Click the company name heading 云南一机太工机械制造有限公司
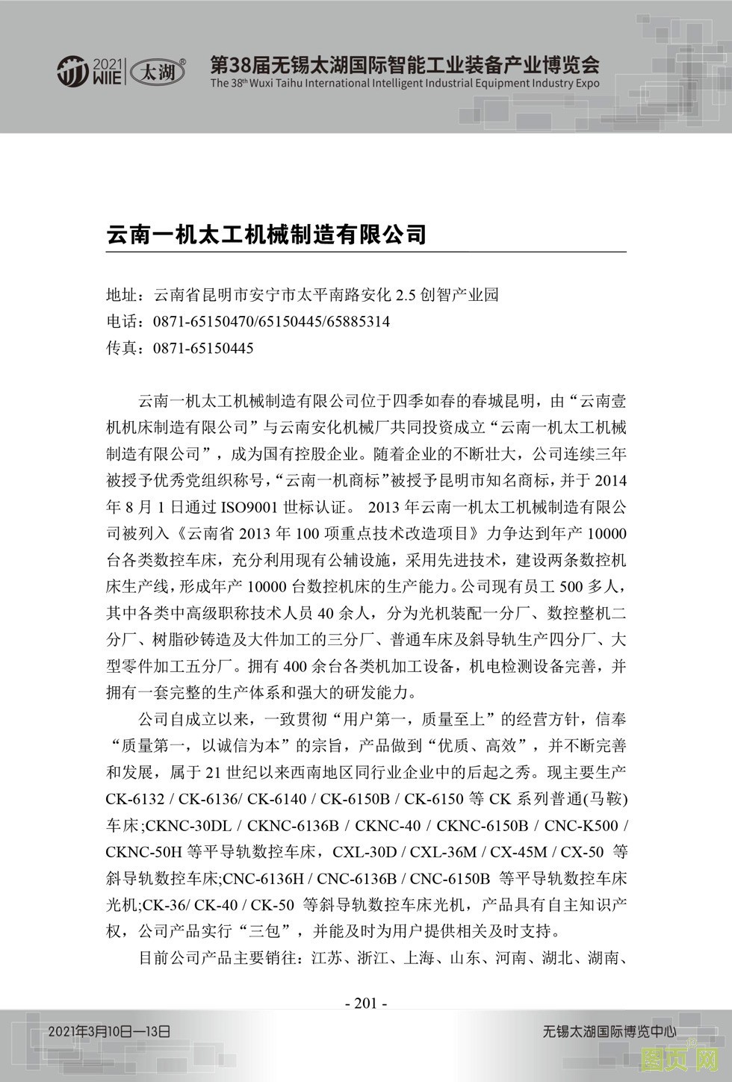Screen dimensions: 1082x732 (x=266, y=234)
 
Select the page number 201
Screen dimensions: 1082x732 (x=365, y=1003)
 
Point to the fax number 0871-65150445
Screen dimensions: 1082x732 (x=203, y=348)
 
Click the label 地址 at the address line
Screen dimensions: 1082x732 (x=122, y=295)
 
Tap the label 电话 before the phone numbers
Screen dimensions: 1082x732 (x=122, y=322)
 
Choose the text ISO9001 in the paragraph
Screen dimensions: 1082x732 (x=250, y=507)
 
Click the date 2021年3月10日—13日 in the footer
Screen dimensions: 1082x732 (x=110, y=1031)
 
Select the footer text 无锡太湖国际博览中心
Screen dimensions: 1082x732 (x=610, y=1031)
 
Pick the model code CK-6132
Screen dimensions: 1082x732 (x=135, y=799)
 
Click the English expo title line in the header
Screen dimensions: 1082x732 (x=404, y=84)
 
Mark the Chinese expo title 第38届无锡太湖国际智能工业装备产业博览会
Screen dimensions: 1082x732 (x=404, y=63)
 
